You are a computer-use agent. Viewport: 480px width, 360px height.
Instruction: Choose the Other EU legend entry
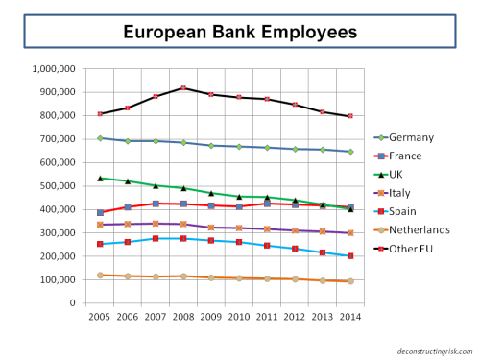[417, 249]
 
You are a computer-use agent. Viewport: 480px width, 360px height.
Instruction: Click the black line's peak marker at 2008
[183, 88]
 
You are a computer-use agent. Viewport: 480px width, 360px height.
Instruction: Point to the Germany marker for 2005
[100, 138]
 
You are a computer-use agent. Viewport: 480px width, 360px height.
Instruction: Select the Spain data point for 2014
[350, 256]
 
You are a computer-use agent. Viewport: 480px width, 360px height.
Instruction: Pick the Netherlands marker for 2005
[100, 276]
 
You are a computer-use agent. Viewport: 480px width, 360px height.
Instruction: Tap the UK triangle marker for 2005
[100, 178]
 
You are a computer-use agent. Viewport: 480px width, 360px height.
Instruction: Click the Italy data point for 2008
[183, 224]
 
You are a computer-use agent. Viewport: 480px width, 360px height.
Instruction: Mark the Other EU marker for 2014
[350, 116]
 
